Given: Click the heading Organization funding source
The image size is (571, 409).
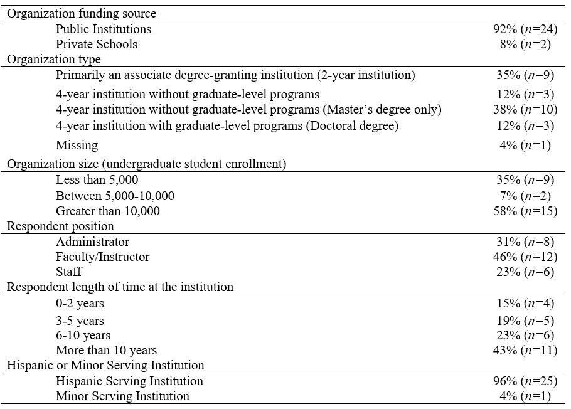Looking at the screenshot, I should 82,13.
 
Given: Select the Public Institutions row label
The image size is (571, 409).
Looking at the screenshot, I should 103,29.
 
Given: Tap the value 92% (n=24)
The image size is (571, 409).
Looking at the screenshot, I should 525,29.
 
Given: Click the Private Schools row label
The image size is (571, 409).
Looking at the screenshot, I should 96,44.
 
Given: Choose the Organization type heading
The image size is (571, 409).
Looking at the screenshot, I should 53,60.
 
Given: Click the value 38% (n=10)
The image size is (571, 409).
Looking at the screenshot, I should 525,110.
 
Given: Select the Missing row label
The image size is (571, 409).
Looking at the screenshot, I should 77,145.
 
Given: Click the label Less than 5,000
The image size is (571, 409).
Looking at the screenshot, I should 97,180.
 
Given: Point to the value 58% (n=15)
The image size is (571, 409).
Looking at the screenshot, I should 525,211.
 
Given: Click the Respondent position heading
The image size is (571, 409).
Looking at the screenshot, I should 60,226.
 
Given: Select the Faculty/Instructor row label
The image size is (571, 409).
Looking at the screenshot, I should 102,257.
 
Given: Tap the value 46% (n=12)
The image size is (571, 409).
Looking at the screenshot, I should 525,257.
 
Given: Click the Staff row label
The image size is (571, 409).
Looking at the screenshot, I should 68,272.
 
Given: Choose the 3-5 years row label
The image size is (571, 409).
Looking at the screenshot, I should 80,321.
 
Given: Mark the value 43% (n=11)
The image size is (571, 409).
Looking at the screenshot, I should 525,350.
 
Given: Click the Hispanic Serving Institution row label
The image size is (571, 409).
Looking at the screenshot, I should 129,381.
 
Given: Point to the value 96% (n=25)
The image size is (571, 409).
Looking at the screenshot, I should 525,381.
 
